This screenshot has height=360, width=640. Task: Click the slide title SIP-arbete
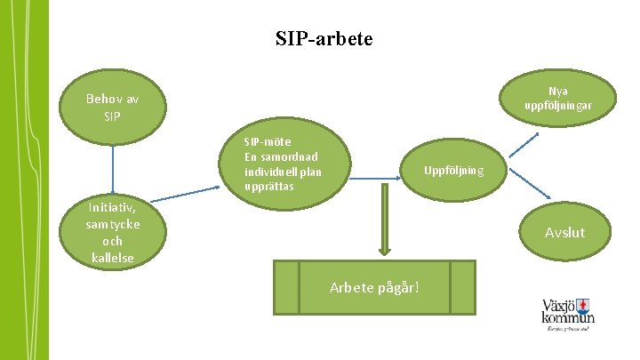coord(324,40)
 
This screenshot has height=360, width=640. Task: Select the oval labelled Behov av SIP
coord(113,108)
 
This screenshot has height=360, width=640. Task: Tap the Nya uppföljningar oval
coord(558,99)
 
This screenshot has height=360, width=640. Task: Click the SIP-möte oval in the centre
coord(284,164)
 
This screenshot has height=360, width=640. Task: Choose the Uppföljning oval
coord(453,170)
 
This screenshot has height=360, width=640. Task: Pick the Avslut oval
coord(564,233)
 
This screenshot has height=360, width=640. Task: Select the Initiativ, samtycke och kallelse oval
coord(112,233)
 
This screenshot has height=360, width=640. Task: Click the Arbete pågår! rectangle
coord(374,286)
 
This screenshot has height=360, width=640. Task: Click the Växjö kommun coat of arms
coord(584,302)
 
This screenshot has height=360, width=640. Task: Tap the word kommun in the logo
coord(569,318)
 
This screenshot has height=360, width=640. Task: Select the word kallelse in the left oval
coord(112,258)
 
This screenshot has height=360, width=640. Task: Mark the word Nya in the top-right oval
coord(558,91)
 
